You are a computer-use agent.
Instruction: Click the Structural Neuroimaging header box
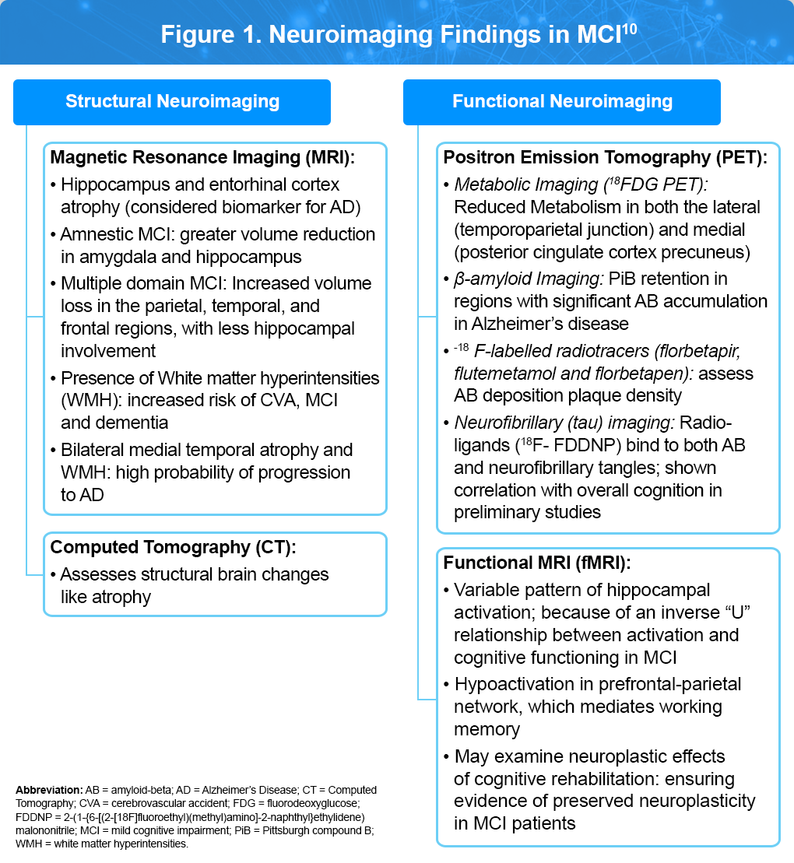pyautogui.click(x=172, y=101)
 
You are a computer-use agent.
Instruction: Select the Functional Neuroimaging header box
pyautogui.click(x=562, y=101)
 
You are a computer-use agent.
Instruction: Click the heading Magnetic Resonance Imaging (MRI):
pyautogui.click(x=202, y=158)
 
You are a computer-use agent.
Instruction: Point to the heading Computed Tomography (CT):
pyautogui.click(x=173, y=547)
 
